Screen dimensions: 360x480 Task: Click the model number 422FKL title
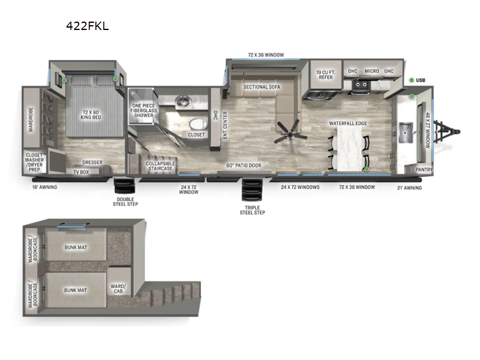click(88, 26)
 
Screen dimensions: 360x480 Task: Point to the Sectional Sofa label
click(262, 87)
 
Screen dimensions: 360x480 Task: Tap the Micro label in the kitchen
click(371, 71)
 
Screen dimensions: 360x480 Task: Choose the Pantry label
click(424, 170)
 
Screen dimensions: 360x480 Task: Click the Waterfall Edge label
click(348, 124)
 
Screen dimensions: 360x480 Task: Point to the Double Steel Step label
click(127, 202)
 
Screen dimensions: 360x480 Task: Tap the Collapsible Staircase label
click(160, 166)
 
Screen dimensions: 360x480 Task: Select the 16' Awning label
click(45, 187)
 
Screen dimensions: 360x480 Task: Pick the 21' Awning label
click(410, 188)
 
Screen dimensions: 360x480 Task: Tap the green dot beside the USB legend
click(412, 80)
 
